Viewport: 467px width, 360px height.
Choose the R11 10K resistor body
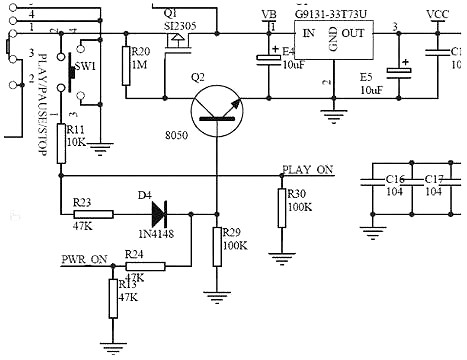61,137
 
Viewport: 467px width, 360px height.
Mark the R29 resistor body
217,245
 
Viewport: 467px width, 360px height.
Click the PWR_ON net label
84,259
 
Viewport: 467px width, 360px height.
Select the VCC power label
437,14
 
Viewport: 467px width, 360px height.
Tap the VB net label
267,14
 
